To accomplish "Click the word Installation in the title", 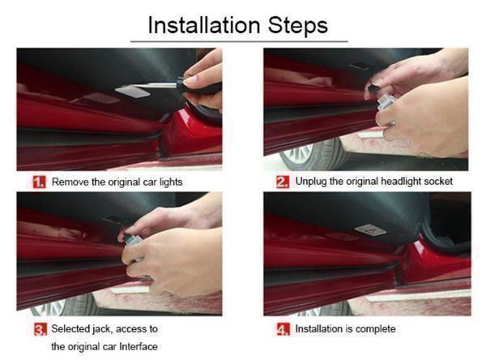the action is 204,25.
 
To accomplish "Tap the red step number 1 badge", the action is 40,182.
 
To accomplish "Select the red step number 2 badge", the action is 283,182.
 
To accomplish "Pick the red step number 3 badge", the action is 40,329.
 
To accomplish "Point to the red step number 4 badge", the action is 283,329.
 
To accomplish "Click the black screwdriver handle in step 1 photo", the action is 198,86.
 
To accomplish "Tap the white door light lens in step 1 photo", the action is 133,92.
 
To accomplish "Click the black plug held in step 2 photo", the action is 374,88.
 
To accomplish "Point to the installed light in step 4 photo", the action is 370,230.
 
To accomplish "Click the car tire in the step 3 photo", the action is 63,304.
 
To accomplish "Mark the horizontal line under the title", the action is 239,41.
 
